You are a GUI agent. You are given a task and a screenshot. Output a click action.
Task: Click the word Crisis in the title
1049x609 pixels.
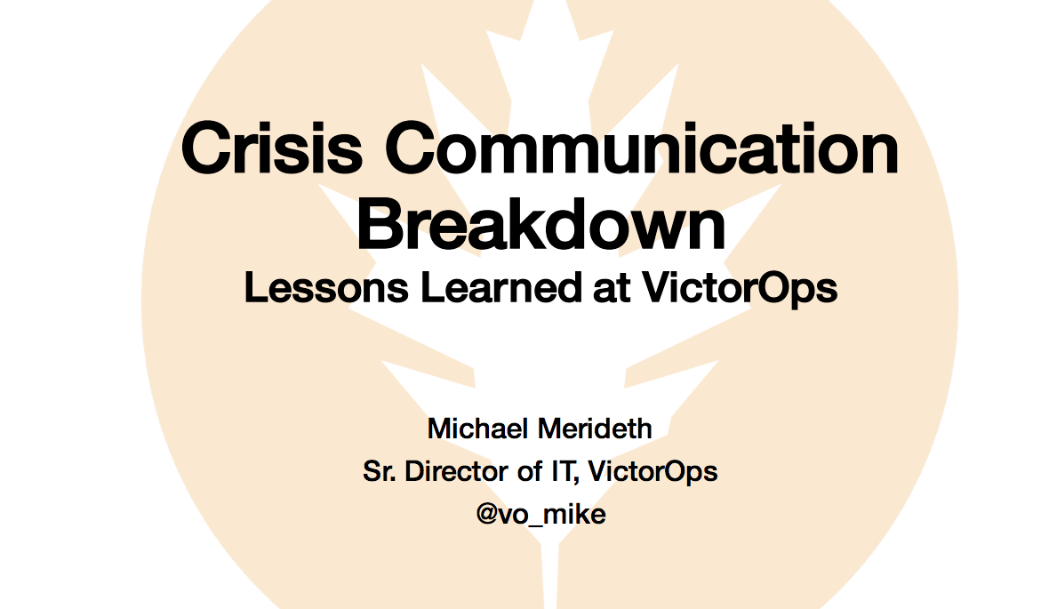(x=272, y=148)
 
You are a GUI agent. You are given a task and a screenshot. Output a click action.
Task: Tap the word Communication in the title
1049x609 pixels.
(x=642, y=148)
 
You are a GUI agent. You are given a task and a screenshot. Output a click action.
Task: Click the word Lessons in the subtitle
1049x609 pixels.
(x=326, y=288)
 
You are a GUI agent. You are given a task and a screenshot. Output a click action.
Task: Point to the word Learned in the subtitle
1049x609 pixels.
(x=501, y=288)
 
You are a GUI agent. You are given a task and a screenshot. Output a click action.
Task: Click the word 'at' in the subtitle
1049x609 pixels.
(x=612, y=289)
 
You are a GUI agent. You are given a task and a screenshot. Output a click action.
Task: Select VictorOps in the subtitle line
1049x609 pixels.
(x=740, y=289)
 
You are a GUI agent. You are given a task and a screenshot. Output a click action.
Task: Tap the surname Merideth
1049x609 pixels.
(x=595, y=429)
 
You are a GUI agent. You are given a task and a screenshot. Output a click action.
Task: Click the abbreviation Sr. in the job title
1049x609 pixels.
(x=380, y=471)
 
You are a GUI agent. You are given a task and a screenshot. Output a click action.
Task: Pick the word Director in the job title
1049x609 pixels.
(x=456, y=471)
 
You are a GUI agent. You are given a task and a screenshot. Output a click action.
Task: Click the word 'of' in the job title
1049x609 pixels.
(x=530, y=471)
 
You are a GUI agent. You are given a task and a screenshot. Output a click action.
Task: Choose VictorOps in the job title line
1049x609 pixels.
(x=653, y=472)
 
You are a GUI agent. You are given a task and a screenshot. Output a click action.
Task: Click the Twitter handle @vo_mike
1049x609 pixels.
(x=541, y=515)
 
